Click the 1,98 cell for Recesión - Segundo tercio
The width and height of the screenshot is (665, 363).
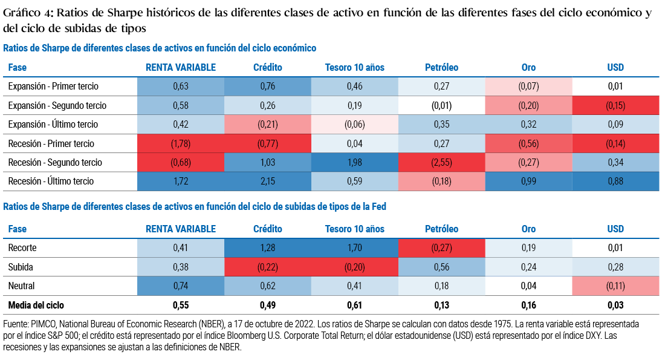(x=355, y=162)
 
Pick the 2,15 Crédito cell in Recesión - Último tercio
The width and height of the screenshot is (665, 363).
(x=267, y=181)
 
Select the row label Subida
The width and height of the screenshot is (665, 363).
(x=20, y=267)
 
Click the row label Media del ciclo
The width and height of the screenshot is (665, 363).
(x=36, y=305)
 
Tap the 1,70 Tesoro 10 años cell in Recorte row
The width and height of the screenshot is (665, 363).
(x=355, y=247)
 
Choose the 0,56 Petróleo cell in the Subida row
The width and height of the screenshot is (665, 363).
(x=441, y=267)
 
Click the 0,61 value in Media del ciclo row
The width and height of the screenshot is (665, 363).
(x=355, y=305)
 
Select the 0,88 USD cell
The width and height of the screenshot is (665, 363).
(x=615, y=181)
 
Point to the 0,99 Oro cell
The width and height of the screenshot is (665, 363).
(x=528, y=181)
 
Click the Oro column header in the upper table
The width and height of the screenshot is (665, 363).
(x=528, y=67)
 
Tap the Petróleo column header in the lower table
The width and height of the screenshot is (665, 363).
(x=441, y=229)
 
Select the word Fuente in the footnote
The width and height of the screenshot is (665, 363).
(x=16, y=324)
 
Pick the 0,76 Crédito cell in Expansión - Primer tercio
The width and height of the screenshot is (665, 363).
(x=267, y=87)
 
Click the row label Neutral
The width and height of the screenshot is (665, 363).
(x=21, y=286)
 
